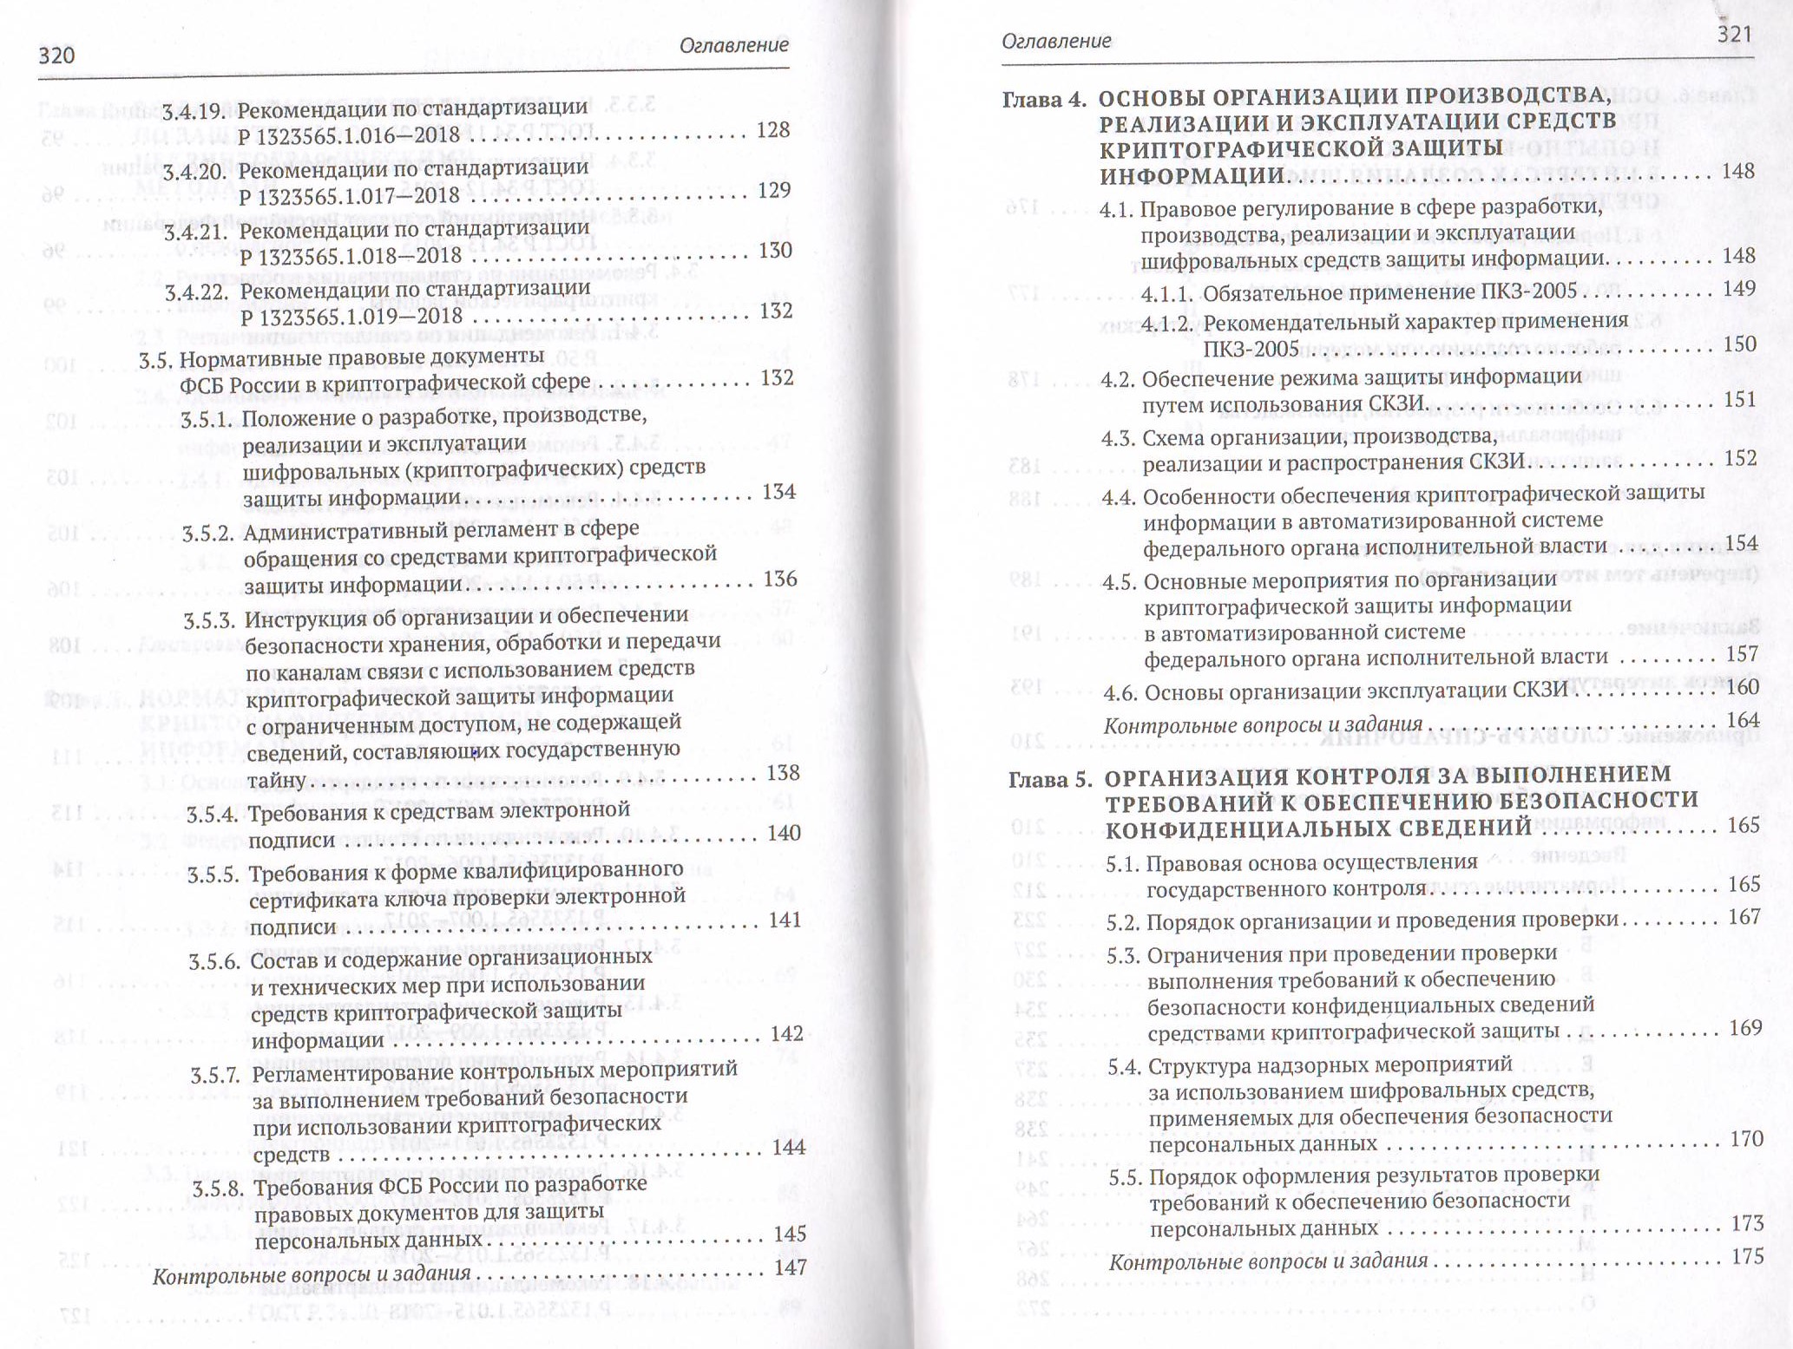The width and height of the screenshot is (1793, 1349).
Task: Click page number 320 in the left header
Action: click(57, 56)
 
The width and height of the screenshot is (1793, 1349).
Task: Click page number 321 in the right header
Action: click(1734, 34)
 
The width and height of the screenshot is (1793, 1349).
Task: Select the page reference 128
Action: click(772, 130)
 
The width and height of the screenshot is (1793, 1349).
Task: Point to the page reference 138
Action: click(781, 772)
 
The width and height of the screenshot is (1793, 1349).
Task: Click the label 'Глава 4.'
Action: click(1044, 100)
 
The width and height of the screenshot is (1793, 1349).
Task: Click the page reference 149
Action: click(1738, 289)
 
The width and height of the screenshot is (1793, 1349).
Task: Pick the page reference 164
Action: click(1742, 720)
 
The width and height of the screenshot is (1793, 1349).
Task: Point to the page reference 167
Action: click(1744, 917)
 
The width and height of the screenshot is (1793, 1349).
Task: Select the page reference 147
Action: click(790, 1267)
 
